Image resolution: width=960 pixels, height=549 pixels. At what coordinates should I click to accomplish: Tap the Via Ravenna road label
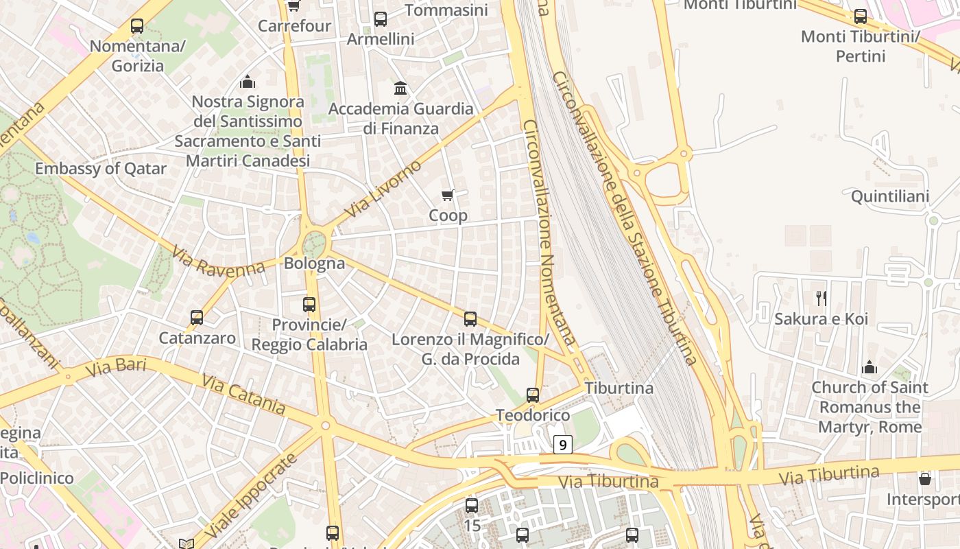(218, 262)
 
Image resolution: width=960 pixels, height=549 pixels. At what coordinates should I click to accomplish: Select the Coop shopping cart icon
(448, 196)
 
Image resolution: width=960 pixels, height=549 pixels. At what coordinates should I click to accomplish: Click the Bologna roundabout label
(314, 263)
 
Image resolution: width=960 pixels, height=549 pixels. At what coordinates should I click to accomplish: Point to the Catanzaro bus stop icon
(197, 318)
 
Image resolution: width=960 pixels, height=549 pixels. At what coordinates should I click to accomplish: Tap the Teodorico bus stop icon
(533, 395)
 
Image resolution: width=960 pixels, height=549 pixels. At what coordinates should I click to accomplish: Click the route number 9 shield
(562, 445)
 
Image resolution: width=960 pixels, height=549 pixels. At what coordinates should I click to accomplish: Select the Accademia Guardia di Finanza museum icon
(400, 89)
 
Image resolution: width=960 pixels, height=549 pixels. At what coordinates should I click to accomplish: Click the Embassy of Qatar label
(101, 169)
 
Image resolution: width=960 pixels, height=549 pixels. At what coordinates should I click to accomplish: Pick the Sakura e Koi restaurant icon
(821, 298)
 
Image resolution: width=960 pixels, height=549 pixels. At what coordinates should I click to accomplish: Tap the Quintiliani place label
(890, 197)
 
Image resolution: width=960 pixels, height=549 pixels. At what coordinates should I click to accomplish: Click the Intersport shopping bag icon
(925, 478)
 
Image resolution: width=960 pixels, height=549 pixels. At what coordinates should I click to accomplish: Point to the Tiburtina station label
(619, 388)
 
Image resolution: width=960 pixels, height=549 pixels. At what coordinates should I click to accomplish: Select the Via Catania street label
(243, 394)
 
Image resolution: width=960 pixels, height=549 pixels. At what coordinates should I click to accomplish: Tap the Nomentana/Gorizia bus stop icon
(137, 27)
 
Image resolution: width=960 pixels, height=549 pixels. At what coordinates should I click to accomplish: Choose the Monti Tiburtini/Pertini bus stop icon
(861, 16)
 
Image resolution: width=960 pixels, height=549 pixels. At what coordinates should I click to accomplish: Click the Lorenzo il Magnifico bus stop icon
(470, 319)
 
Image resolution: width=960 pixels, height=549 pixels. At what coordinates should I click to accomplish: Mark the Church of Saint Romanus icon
(869, 367)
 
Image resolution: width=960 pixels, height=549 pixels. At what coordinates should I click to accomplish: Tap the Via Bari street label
(117, 368)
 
